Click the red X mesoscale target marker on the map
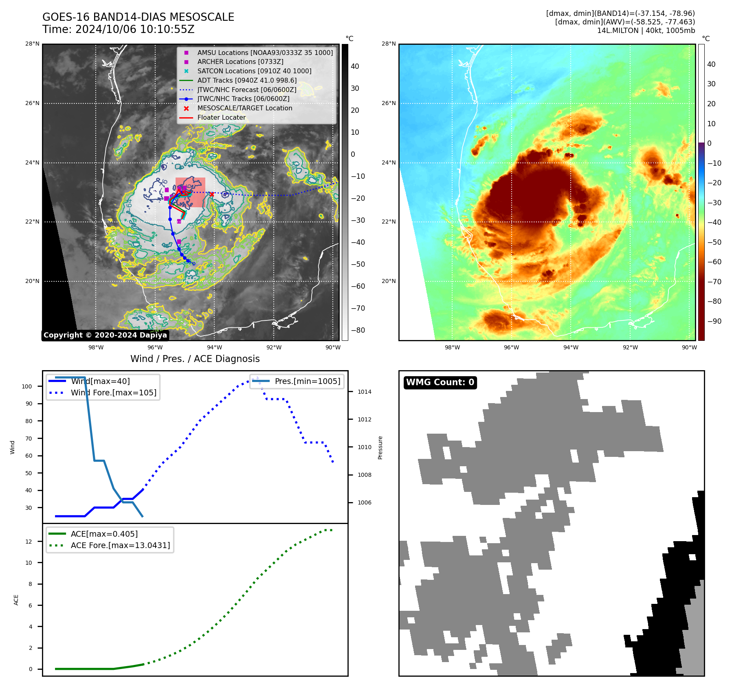[x=211, y=194]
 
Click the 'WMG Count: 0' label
[x=440, y=382]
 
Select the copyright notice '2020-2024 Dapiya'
[x=105, y=335]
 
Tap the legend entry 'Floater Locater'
[x=221, y=118]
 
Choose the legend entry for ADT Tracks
[x=247, y=81]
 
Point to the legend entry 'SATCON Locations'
[x=254, y=71]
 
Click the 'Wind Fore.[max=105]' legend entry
[x=113, y=393]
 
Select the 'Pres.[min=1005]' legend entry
[x=307, y=382]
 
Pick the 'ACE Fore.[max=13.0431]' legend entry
[x=120, y=545]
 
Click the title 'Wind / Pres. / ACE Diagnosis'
[x=195, y=359]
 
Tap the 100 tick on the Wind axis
[x=27, y=386]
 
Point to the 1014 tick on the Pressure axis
[x=364, y=392]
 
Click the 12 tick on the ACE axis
[x=29, y=542]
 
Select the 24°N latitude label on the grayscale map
[x=32, y=163]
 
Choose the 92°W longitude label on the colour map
[x=630, y=347]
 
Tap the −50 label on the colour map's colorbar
[x=714, y=242]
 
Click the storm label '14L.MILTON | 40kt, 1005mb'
[x=646, y=31]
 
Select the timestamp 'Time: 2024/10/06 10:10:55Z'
[x=118, y=30]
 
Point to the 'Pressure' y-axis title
[x=380, y=448]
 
